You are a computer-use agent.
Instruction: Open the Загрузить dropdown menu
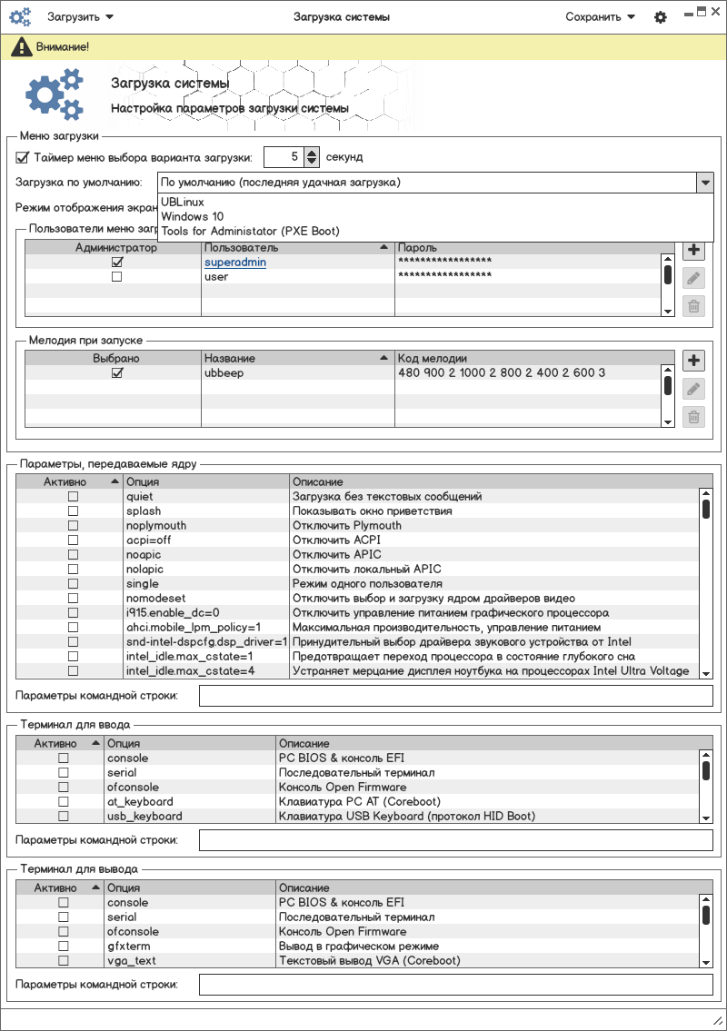[x=80, y=16]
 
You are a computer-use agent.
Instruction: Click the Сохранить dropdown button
[x=600, y=16]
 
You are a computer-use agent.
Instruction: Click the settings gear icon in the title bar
[x=661, y=17]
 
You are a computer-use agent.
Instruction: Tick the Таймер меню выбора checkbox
[x=23, y=157]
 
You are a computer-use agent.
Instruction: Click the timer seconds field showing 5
[x=283, y=157]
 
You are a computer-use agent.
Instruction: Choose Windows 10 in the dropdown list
[x=192, y=216]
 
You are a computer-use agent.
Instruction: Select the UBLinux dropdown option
[x=183, y=202]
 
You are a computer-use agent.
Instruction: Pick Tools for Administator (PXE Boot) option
[x=250, y=231]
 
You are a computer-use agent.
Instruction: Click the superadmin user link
[x=235, y=263]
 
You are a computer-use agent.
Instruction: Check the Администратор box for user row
[x=116, y=277]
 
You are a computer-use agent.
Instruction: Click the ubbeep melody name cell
[x=224, y=373]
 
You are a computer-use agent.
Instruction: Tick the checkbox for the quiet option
[x=74, y=497]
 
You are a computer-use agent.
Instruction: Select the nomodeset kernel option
[x=156, y=599]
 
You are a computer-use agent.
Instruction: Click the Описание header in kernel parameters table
[x=318, y=481]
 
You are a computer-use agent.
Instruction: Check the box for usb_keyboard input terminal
[x=64, y=816]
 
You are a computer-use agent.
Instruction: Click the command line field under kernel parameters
[x=455, y=697]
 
